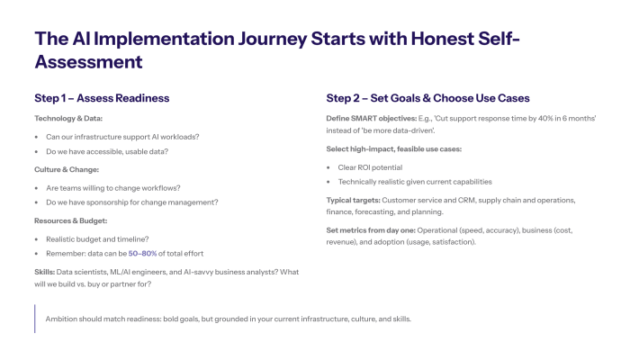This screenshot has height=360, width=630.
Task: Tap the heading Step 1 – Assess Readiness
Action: coord(102,97)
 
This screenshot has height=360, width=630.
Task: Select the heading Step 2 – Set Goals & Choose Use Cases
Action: coord(427,97)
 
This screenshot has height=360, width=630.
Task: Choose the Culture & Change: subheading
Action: coord(67,169)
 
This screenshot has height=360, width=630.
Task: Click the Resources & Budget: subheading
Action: coord(72,220)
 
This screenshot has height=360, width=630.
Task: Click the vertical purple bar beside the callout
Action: coord(35,319)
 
